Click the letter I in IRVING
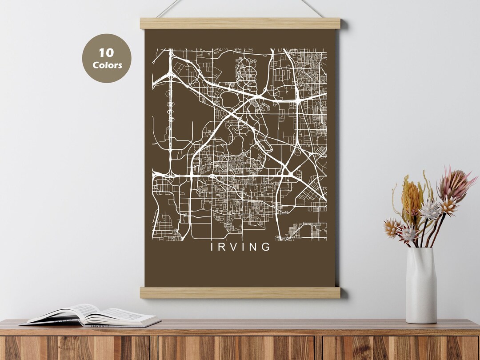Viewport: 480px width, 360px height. [x=212, y=247]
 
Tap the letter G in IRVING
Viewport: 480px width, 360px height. [x=266, y=247]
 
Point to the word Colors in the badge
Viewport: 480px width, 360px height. [x=107, y=65]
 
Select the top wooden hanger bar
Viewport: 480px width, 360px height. [x=240, y=23]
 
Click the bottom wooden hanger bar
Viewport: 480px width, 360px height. [x=240, y=292]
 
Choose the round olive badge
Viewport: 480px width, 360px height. [x=107, y=58]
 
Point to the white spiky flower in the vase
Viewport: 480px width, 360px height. [x=430, y=210]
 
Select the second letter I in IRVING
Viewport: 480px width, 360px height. [x=243, y=247]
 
